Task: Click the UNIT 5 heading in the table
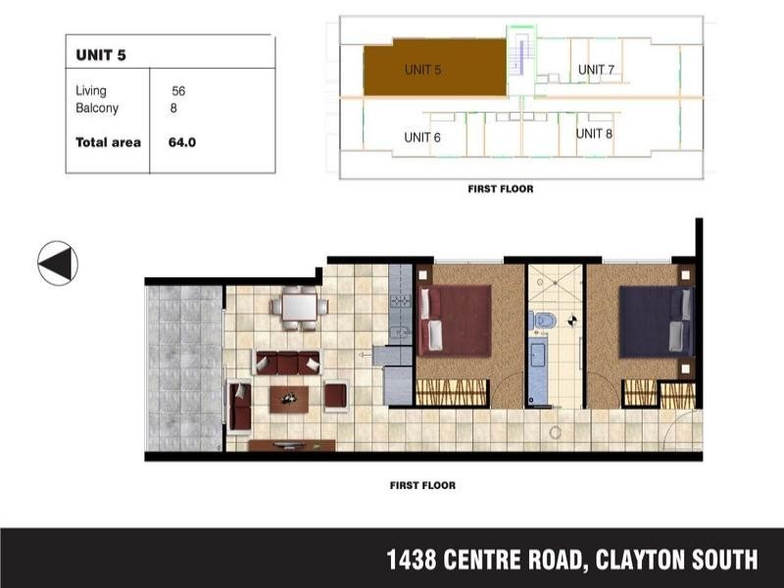(100, 55)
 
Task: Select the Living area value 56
(178, 91)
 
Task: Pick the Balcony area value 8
(173, 109)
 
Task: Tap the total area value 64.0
(182, 142)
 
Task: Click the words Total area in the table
(108, 142)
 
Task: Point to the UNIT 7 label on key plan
(596, 70)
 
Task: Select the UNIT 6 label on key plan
(422, 137)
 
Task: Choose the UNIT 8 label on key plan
(594, 133)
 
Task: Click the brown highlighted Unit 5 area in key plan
(436, 69)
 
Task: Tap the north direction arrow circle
(58, 263)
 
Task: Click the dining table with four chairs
(299, 308)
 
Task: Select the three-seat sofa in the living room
(287, 363)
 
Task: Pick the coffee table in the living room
(289, 397)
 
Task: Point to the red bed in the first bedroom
(454, 319)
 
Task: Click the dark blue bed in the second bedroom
(657, 320)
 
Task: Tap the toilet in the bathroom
(546, 319)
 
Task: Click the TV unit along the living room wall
(292, 446)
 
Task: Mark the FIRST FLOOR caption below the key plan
(500, 188)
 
